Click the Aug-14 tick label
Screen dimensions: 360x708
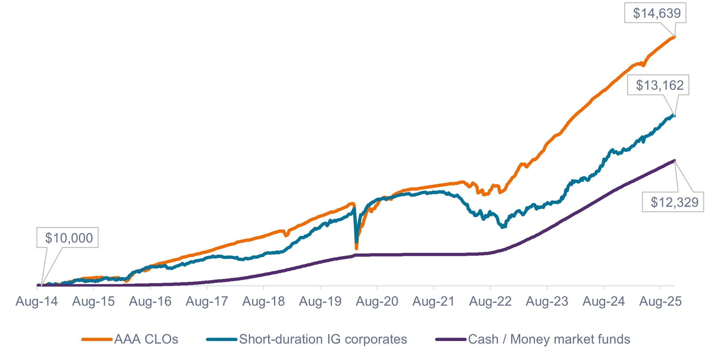point(37,302)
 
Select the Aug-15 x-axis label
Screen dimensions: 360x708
point(93,302)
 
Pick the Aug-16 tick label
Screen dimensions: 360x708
point(150,302)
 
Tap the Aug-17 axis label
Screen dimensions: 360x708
point(207,302)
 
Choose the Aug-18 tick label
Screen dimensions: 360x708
point(264,302)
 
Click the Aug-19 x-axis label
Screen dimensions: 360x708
point(320,302)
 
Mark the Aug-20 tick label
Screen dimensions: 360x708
point(377,302)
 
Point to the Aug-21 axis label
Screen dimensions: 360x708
point(434,302)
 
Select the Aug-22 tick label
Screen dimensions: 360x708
point(490,302)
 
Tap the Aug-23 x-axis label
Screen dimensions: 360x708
point(547,302)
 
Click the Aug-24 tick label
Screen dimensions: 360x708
point(604,302)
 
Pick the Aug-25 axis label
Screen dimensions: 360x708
point(661,302)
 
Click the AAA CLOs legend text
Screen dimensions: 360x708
point(146,339)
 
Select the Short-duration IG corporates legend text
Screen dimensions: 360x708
point(323,339)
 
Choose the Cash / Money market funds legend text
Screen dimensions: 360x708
point(549,339)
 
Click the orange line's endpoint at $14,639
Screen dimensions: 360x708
point(674,37)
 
